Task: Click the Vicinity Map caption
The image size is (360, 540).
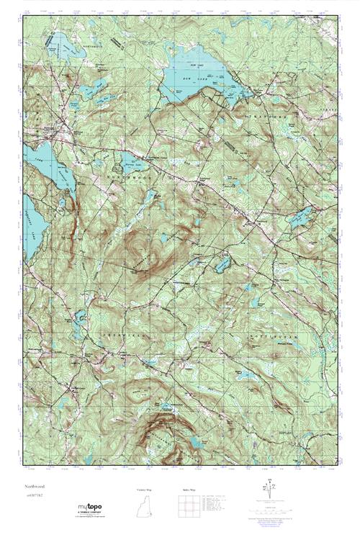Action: coord(145,489)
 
